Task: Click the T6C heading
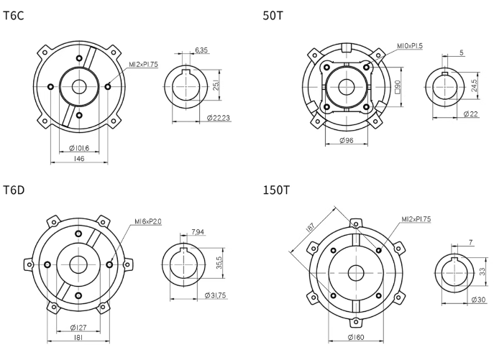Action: coord(13,15)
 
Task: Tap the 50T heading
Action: coord(273,15)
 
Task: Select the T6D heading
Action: coord(14,190)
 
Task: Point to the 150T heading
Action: coord(276,190)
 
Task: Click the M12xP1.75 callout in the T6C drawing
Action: coord(143,65)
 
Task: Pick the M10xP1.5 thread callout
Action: coord(410,46)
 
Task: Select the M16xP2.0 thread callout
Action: coord(148,222)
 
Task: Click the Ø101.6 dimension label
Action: coord(79,148)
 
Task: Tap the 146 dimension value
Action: coord(79,158)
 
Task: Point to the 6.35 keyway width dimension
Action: coord(201,50)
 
